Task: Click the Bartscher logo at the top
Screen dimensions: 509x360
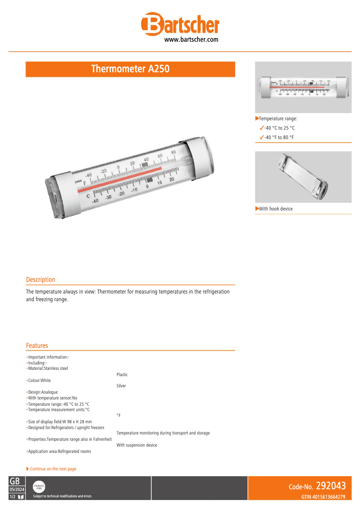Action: coord(180,25)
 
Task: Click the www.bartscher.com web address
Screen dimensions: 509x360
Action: coord(191,39)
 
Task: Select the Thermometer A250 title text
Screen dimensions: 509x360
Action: coord(130,69)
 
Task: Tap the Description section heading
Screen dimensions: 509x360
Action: coord(40,280)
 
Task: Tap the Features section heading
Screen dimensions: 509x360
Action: coord(37,346)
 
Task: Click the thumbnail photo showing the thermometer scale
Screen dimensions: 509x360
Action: coord(303,87)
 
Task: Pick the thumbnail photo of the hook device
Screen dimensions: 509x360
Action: coord(303,177)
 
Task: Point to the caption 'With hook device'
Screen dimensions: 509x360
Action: coord(276,209)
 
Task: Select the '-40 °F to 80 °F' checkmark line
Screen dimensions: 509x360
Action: coord(279,137)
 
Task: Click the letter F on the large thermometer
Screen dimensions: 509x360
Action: coord(84,184)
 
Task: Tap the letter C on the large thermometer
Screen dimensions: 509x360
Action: coord(88,196)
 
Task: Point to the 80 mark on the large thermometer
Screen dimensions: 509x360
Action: coord(173,152)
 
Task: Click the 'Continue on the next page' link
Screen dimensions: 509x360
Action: coord(53,469)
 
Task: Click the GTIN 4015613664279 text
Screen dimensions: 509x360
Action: coord(323,496)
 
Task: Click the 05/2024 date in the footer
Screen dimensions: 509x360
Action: coord(17,490)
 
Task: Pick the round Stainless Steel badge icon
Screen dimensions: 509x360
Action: coord(39,487)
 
